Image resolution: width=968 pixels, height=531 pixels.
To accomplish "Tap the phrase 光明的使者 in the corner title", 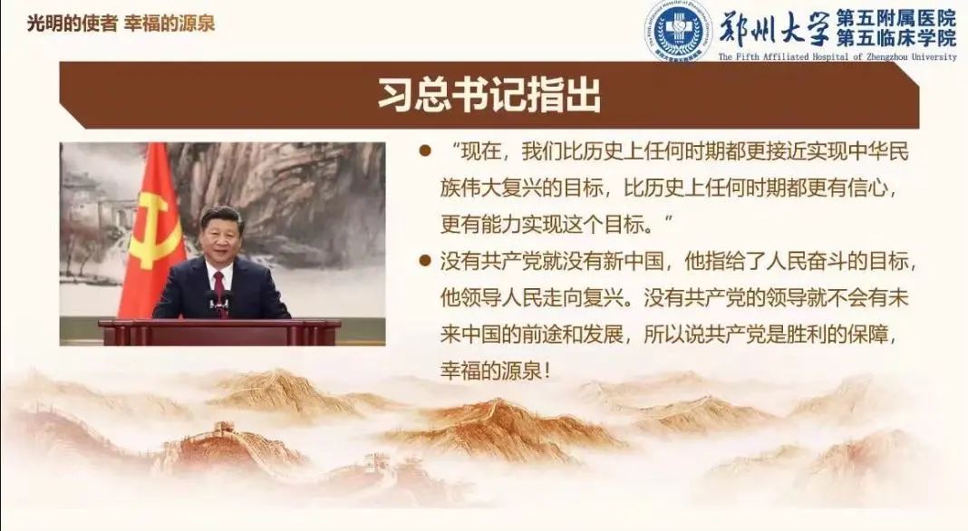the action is point(73,24).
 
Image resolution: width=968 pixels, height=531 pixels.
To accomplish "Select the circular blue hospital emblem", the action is point(679,31).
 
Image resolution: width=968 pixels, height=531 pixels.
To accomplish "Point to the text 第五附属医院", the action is point(896,18).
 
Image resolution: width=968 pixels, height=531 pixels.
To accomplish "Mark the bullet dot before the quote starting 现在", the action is point(425,150).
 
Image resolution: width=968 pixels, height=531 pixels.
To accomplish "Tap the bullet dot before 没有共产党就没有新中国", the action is point(425,261).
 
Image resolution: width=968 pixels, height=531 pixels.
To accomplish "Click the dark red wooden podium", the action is point(219,333).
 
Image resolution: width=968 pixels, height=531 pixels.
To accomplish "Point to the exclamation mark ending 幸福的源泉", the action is point(547,372).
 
